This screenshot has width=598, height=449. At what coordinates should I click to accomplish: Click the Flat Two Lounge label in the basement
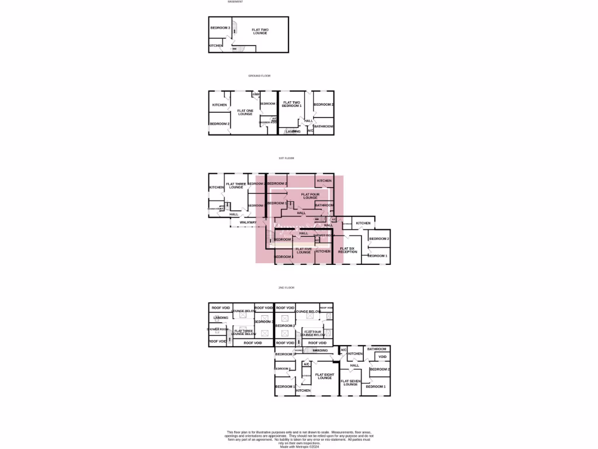click(x=260, y=31)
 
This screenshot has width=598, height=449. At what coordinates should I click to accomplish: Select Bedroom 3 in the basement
click(x=220, y=28)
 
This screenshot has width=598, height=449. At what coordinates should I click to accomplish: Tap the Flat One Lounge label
click(x=245, y=112)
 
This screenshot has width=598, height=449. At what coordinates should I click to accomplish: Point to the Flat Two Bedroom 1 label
click(x=292, y=104)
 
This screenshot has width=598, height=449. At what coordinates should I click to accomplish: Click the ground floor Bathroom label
click(x=324, y=126)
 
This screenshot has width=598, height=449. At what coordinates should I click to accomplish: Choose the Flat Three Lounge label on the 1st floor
click(x=236, y=185)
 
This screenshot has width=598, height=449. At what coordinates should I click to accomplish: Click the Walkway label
click(x=248, y=222)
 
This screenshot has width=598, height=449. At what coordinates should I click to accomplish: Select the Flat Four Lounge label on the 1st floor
click(x=310, y=196)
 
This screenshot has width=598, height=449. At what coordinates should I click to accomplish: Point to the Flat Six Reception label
click(x=347, y=250)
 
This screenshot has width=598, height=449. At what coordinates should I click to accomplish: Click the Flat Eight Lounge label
click(x=325, y=376)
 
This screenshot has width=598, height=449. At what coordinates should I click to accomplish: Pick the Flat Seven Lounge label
click(x=350, y=382)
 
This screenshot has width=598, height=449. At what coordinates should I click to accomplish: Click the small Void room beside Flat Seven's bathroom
click(x=383, y=357)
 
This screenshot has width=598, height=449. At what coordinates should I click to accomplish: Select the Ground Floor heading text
click(x=259, y=76)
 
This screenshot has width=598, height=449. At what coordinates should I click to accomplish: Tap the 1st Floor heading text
click(x=286, y=158)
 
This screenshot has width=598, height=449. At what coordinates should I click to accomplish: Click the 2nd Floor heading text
click(x=286, y=288)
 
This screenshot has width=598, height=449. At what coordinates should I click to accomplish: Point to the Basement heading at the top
click(x=235, y=2)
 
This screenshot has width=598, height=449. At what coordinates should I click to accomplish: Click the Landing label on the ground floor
click(x=293, y=132)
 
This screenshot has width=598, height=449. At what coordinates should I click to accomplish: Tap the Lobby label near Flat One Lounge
click(x=256, y=94)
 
